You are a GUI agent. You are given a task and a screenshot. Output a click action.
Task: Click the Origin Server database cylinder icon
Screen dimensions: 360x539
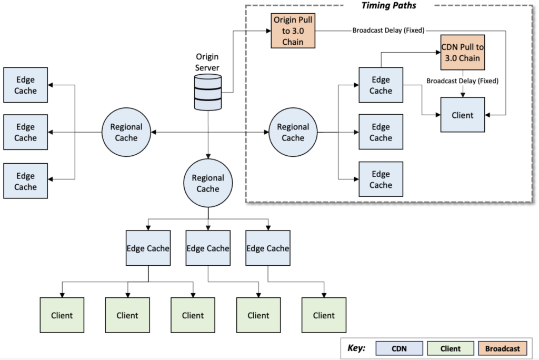pyautogui.click(x=208, y=92)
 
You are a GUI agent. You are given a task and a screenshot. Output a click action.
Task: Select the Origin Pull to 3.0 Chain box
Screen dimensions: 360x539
pyautogui.click(x=293, y=31)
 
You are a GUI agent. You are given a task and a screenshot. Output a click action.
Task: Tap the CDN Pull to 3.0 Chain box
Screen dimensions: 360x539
pyautogui.click(x=462, y=53)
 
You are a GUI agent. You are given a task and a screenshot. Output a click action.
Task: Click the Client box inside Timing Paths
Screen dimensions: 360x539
pyautogui.click(x=462, y=115)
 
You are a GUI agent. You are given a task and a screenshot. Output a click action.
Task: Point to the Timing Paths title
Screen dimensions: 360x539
pyautogui.click(x=388, y=5)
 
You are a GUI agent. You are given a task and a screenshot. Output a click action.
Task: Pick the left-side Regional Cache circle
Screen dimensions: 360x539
pyautogui.click(x=126, y=132)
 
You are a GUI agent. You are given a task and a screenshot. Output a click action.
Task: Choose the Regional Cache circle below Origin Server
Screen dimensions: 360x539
pyautogui.click(x=208, y=183)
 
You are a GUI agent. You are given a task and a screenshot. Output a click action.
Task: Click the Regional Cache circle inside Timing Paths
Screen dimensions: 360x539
pyautogui.click(x=293, y=132)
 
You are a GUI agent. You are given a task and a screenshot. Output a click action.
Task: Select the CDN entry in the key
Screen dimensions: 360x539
pyautogui.click(x=400, y=348)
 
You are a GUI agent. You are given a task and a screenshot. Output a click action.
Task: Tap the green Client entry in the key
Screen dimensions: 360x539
pyautogui.click(x=450, y=348)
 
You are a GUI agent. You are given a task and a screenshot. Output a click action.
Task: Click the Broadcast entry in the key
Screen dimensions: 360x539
pyautogui.click(x=502, y=348)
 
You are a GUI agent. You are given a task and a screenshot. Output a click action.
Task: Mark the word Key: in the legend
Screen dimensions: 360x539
pyautogui.click(x=357, y=348)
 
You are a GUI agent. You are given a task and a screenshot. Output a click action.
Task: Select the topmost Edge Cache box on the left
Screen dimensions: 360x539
pyautogui.click(x=25, y=85)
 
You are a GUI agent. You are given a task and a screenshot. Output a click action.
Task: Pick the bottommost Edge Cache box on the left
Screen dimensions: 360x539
pyautogui.click(x=25, y=181)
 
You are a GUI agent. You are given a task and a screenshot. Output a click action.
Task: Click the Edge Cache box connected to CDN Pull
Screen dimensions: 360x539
pyautogui.click(x=381, y=85)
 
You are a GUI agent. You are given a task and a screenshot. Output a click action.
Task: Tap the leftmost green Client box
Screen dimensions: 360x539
pyautogui.click(x=62, y=315)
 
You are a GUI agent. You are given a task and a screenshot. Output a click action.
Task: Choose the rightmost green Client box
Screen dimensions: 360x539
pyautogui.click(x=323, y=315)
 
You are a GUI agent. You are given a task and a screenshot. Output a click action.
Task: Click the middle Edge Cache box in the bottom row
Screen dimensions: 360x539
pyautogui.click(x=208, y=248)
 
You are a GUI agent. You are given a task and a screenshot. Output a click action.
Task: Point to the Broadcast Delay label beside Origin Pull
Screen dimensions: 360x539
pyautogui.click(x=388, y=30)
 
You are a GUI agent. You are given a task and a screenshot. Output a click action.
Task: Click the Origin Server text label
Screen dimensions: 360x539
pyautogui.click(x=207, y=62)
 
